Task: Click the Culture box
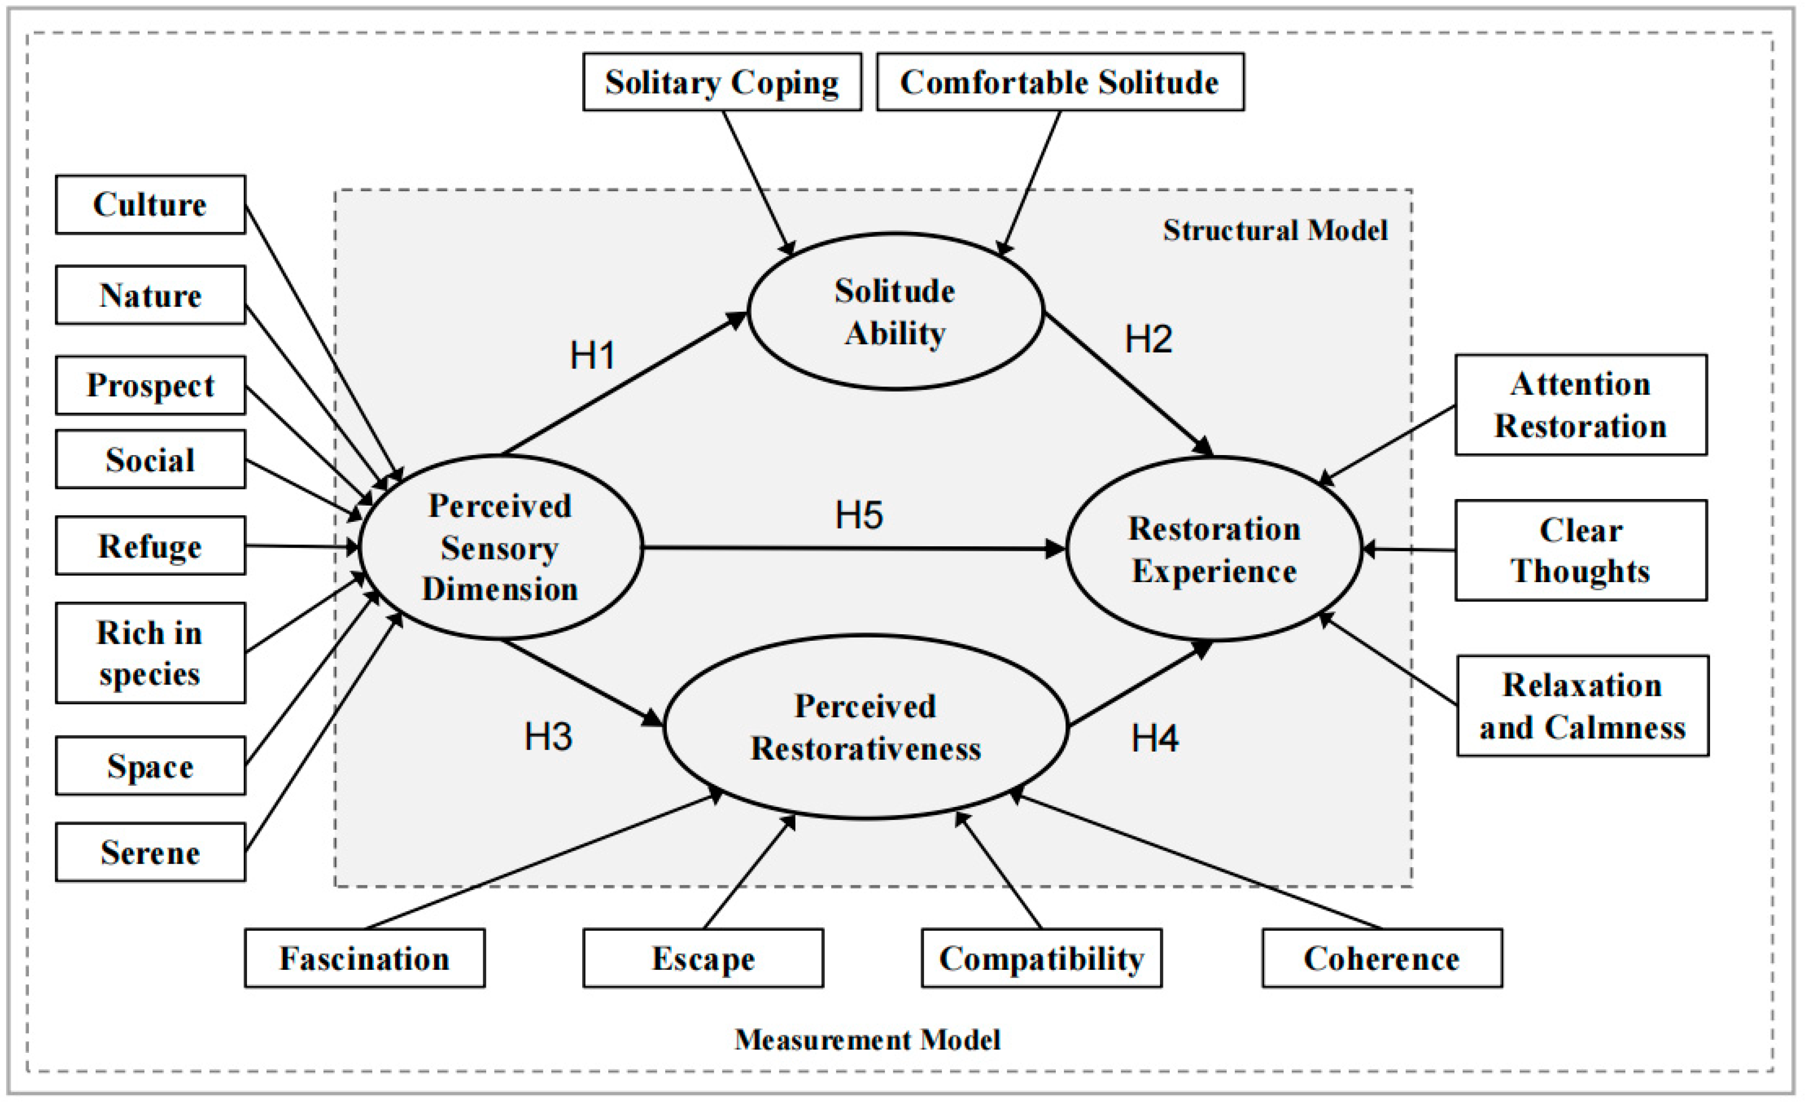tap(150, 205)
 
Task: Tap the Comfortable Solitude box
tap(1059, 82)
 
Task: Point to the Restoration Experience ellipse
tap(1214, 550)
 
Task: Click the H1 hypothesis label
tap(592, 356)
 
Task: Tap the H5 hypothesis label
tap(858, 515)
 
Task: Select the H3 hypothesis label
tap(548, 737)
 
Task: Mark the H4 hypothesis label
tap(1154, 738)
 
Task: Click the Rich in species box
tap(150, 653)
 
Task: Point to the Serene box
tap(150, 852)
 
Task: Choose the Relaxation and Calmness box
tap(1582, 706)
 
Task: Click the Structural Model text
tap(1275, 230)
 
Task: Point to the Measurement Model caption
tap(867, 1039)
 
